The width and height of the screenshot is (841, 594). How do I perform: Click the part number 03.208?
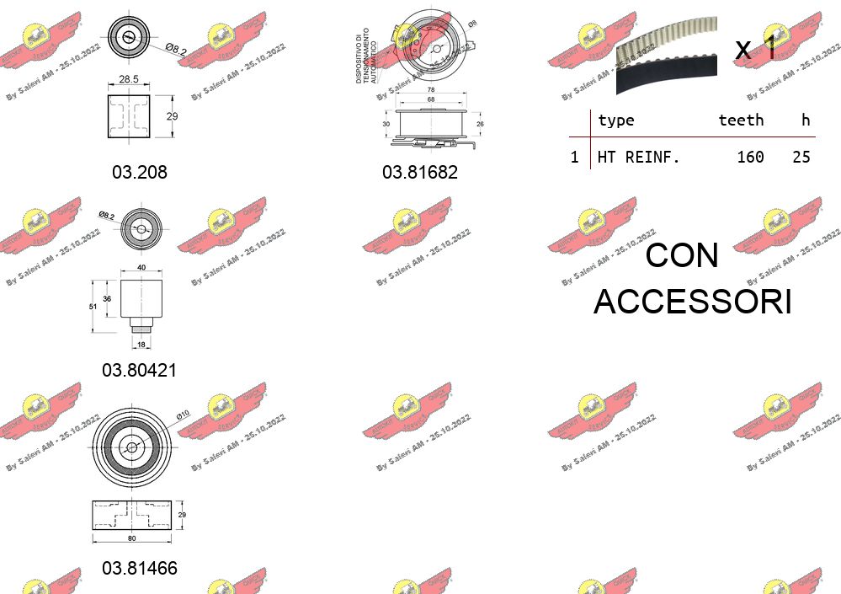click(x=140, y=172)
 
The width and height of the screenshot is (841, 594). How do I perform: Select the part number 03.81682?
click(x=420, y=172)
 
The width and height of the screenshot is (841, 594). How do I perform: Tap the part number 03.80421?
click(x=140, y=370)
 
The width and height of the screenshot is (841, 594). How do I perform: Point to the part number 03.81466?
click(x=140, y=568)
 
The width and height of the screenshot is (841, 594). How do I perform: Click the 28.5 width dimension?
click(x=129, y=78)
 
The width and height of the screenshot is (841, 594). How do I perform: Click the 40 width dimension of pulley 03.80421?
click(x=141, y=268)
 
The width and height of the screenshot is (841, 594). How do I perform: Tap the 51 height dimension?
click(x=95, y=307)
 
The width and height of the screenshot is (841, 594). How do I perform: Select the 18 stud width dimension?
click(x=140, y=345)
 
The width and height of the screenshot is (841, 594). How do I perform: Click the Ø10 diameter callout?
click(x=184, y=414)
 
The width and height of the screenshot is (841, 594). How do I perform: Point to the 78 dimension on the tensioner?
click(x=431, y=89)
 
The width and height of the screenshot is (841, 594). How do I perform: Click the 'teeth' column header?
click(x=741, y=120)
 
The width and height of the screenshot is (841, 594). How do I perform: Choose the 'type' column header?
click(x=615, y=120)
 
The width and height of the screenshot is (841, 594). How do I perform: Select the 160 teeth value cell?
click(x=749, y=157)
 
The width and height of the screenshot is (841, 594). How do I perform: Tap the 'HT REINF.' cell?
click(x=638, y=157)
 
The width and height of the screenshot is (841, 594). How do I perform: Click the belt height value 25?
click(x=801, y=157)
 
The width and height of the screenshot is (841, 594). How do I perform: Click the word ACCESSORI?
click(x=692, y=301)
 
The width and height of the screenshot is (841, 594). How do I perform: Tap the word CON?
click(x=682, y=255)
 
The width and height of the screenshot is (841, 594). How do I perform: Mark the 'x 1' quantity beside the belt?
click(x=755, y=49)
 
